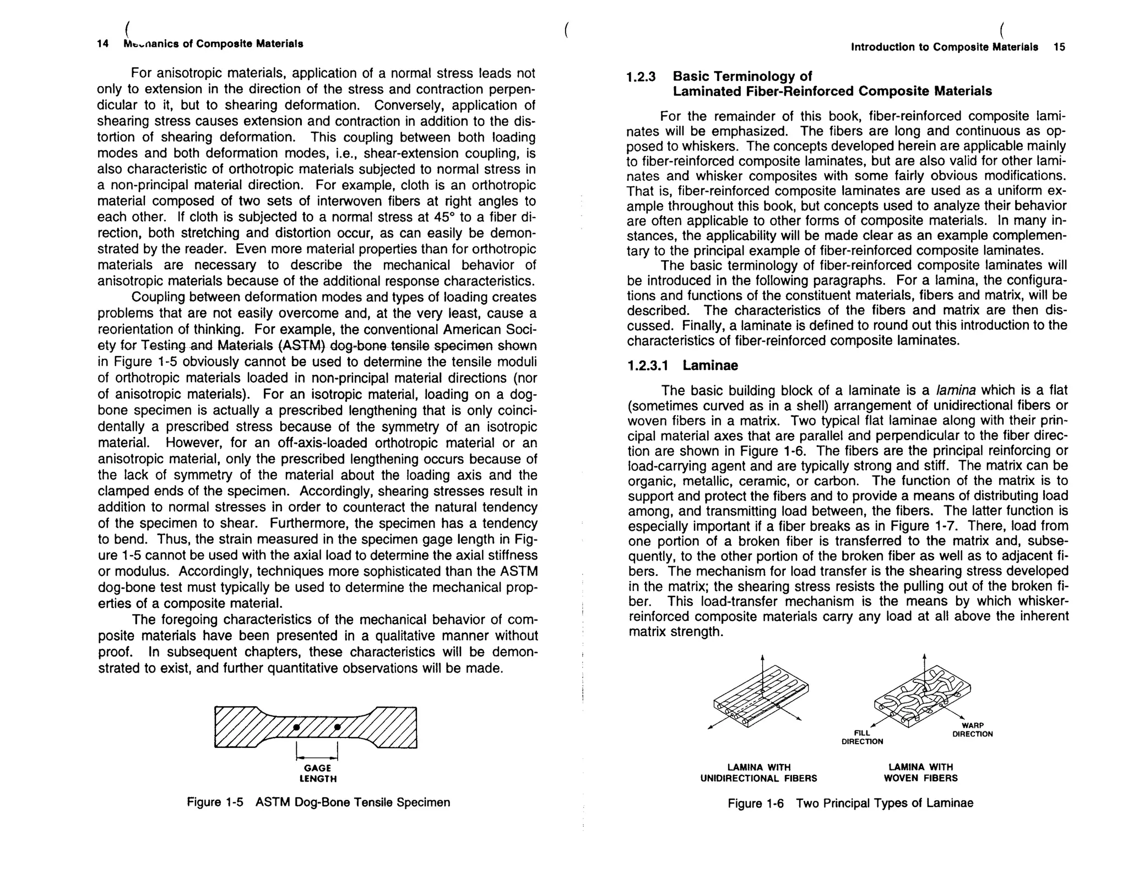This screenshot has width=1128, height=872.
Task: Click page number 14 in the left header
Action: pos(102,44)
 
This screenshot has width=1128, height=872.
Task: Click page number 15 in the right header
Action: pos(1059,47)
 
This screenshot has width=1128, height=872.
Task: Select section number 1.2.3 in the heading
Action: pos(641,77)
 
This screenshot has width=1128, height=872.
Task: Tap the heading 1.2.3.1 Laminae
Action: pos(682,365)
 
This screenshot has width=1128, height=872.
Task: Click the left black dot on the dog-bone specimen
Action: pos(296,727)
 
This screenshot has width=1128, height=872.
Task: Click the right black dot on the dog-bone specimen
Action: pos(338,727)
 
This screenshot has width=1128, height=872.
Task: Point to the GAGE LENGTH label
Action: pos(318,773)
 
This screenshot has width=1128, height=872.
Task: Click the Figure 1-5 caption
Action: pos(318,802)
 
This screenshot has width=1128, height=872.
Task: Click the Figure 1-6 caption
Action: pos(850,803)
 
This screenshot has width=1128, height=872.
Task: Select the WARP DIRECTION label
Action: pos(973,730)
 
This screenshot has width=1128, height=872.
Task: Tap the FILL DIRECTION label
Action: pos(862,738)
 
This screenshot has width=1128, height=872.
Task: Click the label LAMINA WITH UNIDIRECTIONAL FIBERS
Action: pos(758,773)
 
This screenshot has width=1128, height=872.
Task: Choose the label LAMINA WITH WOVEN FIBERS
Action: pos(920,773)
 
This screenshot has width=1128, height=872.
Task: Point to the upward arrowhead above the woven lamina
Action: pos(924,656)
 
